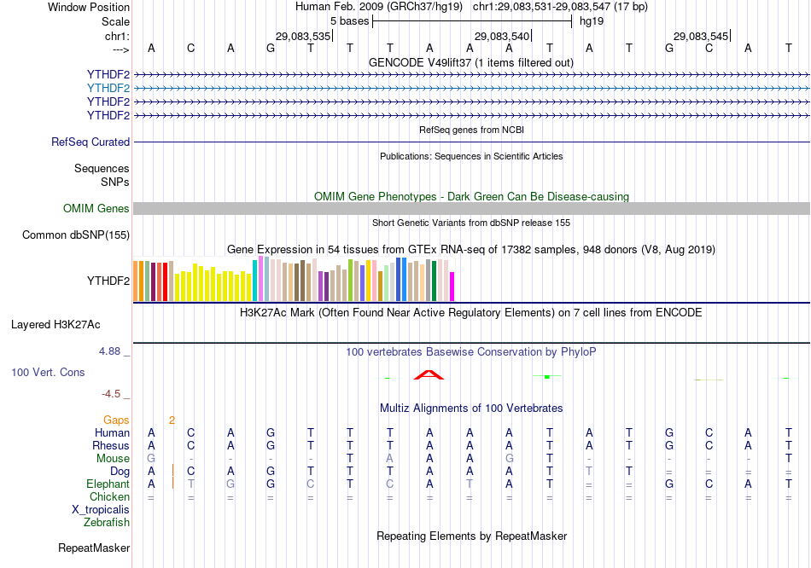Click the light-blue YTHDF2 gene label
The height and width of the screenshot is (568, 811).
click(x=108, y=88)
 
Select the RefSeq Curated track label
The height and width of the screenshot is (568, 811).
click(x=90, y=142)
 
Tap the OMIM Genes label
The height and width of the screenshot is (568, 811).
click(x=96, y=209)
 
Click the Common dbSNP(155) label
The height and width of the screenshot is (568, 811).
click(x=76, y=235)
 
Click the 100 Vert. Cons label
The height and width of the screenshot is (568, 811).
click(x=48, y=373)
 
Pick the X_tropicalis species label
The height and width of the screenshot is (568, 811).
click(x=101, y=510)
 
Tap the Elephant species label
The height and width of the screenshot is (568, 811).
click(x=108, y=484)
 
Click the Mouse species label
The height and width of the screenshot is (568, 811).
click(x=113, y=459)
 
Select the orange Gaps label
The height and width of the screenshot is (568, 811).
click(x=116, y=420)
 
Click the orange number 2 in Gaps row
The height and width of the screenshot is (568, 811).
click(x=172, y=420)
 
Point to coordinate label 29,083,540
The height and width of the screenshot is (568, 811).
click(x=503, y=37)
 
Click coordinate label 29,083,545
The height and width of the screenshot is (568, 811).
click(x=702, y=37)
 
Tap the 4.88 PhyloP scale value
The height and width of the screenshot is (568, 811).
click(x=112, y=351)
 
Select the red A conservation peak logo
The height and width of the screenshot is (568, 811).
click(x=429, y=374)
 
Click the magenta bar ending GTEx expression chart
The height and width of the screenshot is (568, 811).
click(x=452, y=287)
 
